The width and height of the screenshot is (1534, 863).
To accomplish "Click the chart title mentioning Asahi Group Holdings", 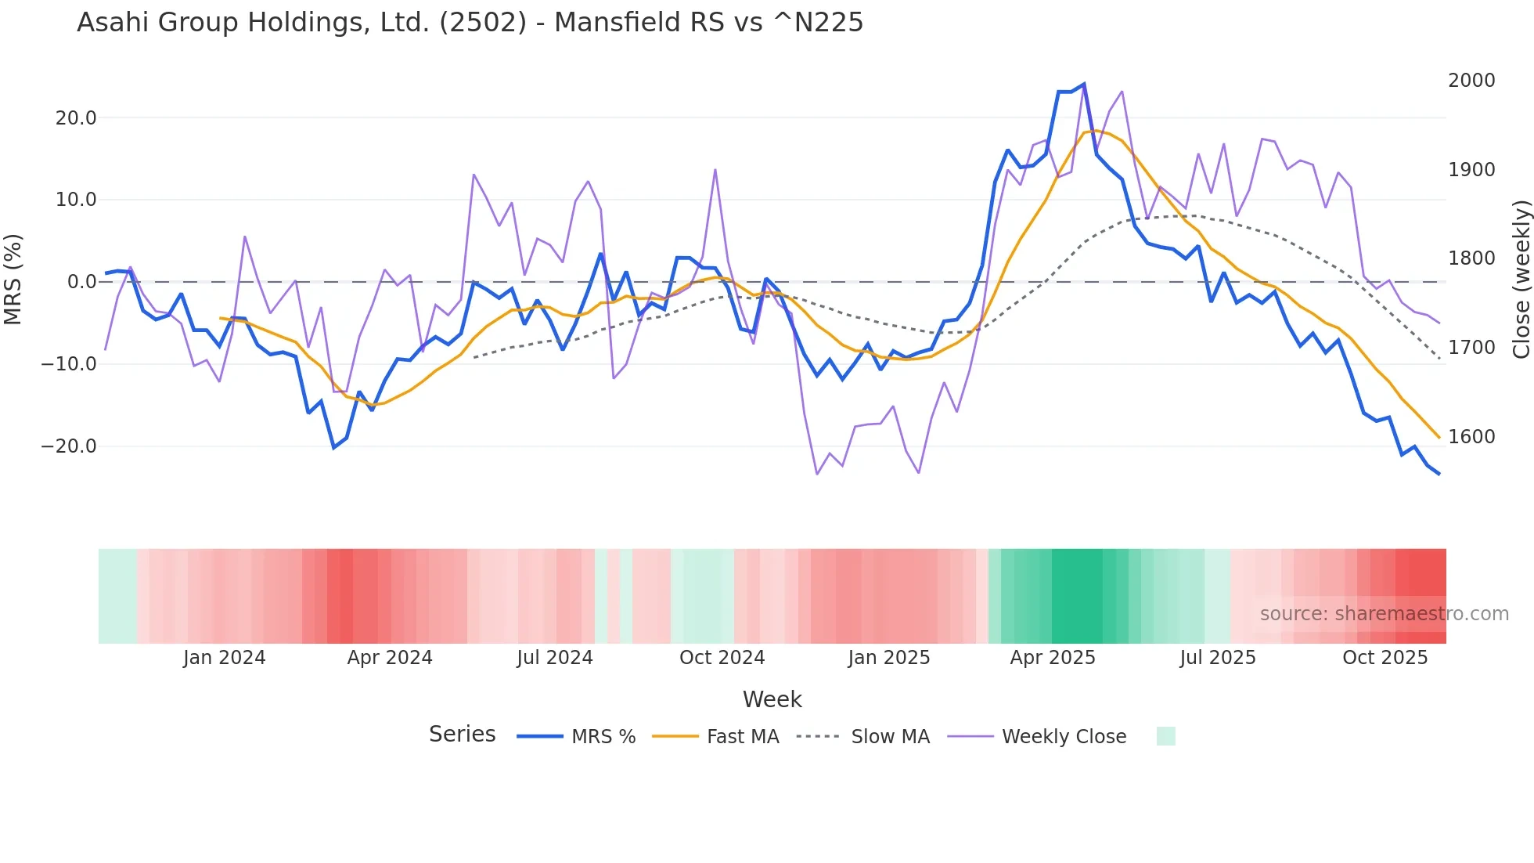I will click(470, 23).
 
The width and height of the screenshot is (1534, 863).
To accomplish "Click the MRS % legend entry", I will click(603, 737).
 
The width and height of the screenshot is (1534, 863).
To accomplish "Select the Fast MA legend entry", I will click(742, 737).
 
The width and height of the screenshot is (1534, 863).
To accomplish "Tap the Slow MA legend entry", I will click(890, 737).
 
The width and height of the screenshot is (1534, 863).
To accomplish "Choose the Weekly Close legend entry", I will click(1064, 737).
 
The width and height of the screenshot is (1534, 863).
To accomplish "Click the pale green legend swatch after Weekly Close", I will click(1165, 736).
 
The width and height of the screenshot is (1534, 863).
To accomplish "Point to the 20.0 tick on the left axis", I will click(76, 118).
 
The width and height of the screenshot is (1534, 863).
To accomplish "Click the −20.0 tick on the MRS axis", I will click(69, 446).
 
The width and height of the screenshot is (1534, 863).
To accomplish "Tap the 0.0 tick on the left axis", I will click(81, 282).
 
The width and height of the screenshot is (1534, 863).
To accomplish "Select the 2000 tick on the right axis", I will click(1471, 81).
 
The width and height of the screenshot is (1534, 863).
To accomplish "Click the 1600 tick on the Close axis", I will click(1471, 437).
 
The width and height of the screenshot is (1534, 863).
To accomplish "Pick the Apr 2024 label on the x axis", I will click(390, 658).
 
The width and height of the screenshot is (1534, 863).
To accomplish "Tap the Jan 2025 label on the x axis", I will click(889, 658).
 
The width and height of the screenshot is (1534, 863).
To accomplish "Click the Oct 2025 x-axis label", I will click(1385, 658).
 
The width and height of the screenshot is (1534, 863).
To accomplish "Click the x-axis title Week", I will click(772, 699).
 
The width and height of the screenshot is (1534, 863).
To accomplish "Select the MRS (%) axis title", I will click(13, 279).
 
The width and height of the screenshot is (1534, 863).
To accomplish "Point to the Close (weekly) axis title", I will click(1521, 280).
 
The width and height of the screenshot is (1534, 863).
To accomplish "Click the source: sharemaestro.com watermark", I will click(1384, 614).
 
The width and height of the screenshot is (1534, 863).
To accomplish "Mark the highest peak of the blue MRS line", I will click(1083, 84).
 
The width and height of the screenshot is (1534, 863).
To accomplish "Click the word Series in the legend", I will click(462, 735).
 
